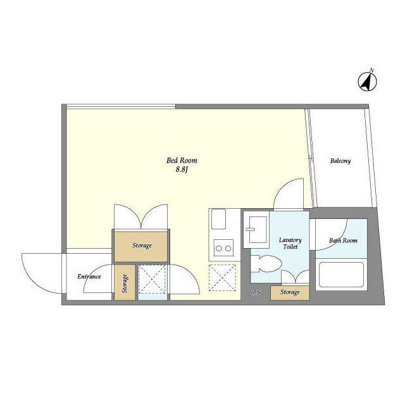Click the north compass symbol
[x=367, y=81]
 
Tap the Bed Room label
[x=182, y=160]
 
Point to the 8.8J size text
[x=182, y=170]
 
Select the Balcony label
[x=340, y=161]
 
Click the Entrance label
[x=89, y=277]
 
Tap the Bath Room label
[x=343, y=240]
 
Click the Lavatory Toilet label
[x=290, y=243]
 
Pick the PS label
[x=256, y=292]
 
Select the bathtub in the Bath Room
[x=341, y=275]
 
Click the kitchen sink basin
[x=218, y=219]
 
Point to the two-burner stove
[x=223, y=248]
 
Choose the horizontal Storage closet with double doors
[x=141, y=247]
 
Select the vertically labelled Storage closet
[x=125, y=282]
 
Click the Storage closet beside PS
[x=290, y=292]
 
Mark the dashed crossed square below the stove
[x=222, y=278]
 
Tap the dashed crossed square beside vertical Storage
[x=152, y=279]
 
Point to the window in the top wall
[x=121, y=106]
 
